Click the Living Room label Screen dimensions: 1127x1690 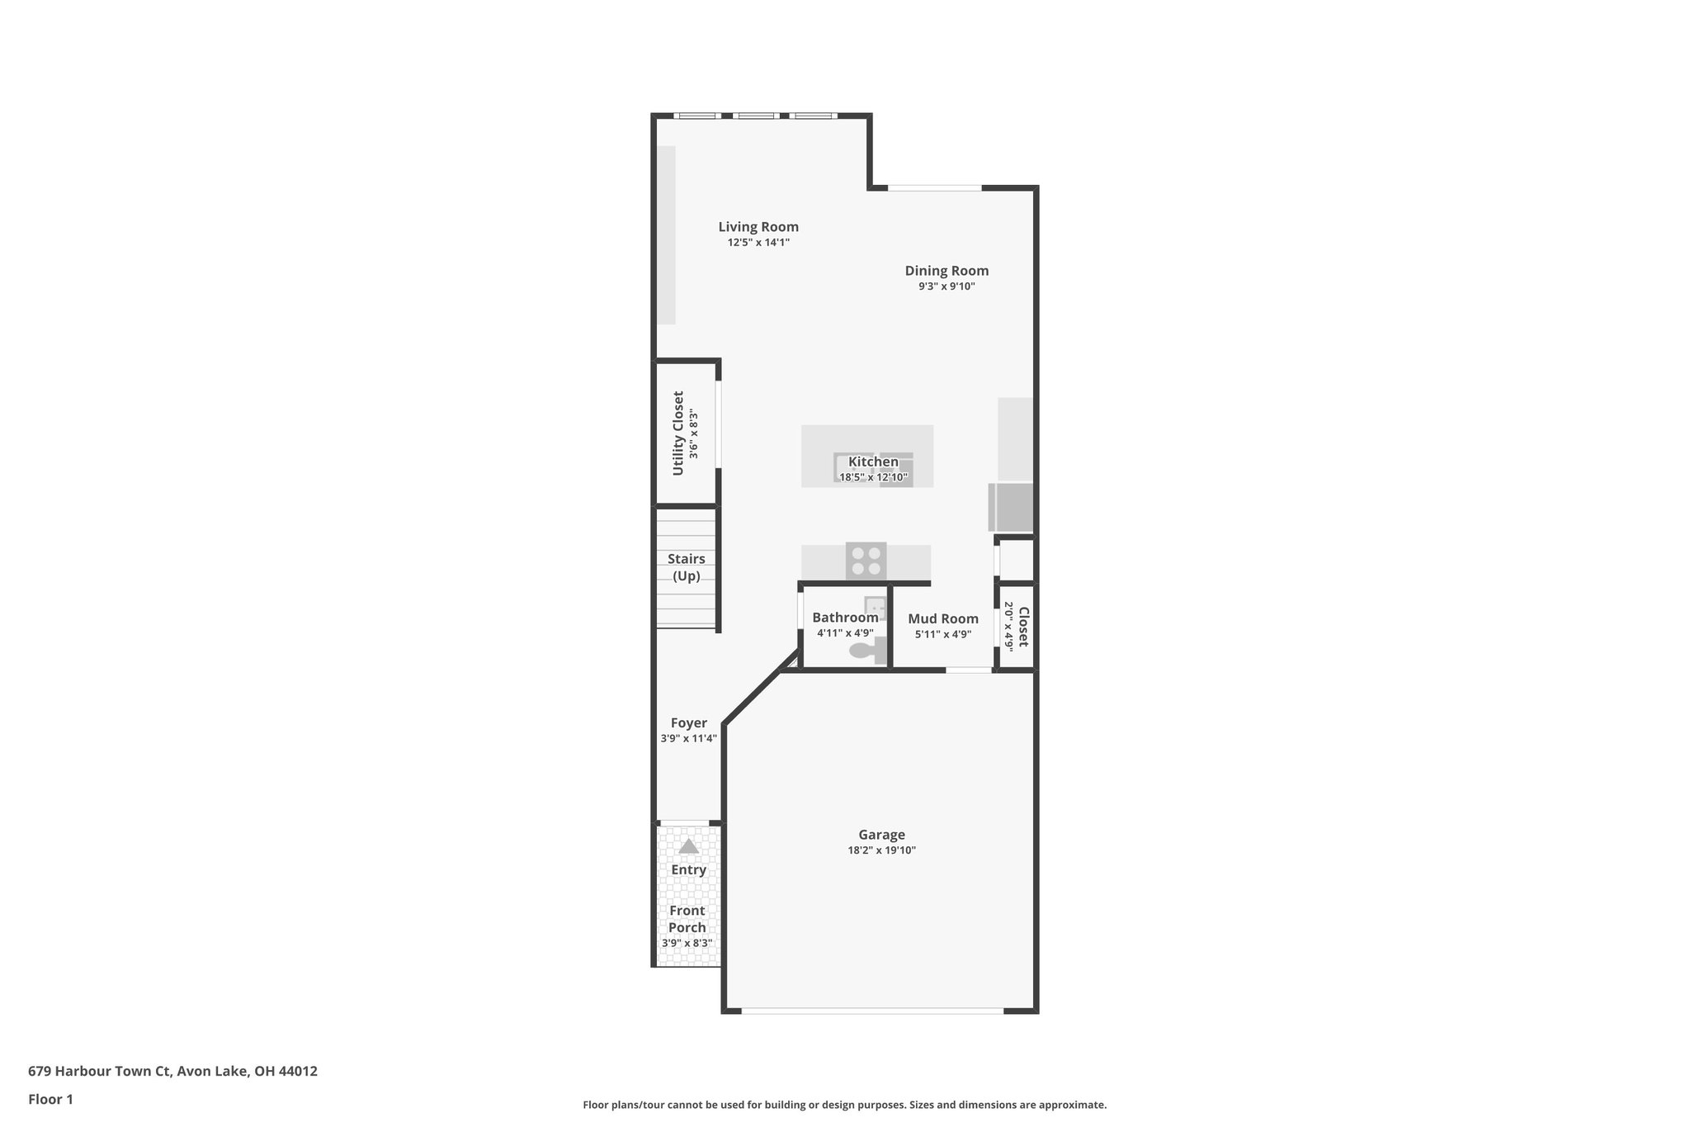[x=758, y=227]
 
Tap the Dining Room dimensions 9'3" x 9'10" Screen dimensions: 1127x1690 [x=946, y=286]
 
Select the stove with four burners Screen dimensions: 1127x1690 [x=866, y=561]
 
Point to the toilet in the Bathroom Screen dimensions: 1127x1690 [x=863, y=651]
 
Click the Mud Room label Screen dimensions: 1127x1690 [x=943, y=618]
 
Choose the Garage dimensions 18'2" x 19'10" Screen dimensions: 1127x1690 [x=881, y=850]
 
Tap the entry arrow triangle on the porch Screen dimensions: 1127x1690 [x=688, y=846]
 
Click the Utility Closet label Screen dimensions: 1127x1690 [x=678, y=433]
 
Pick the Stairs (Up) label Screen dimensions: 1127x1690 [x=687, y=568]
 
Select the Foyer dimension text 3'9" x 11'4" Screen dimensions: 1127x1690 [x=688, y=739]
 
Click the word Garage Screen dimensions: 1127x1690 [x=881, y=835]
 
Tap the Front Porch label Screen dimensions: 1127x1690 [x=687, y=919]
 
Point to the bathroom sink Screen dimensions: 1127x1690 [x=875, y=608]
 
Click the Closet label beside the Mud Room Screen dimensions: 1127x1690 [x=1023, y=627]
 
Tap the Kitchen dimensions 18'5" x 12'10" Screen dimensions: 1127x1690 [x=873, y=477]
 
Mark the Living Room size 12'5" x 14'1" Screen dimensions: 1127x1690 [x=758, y=243]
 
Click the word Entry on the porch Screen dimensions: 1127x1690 [x=688, y=870]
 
